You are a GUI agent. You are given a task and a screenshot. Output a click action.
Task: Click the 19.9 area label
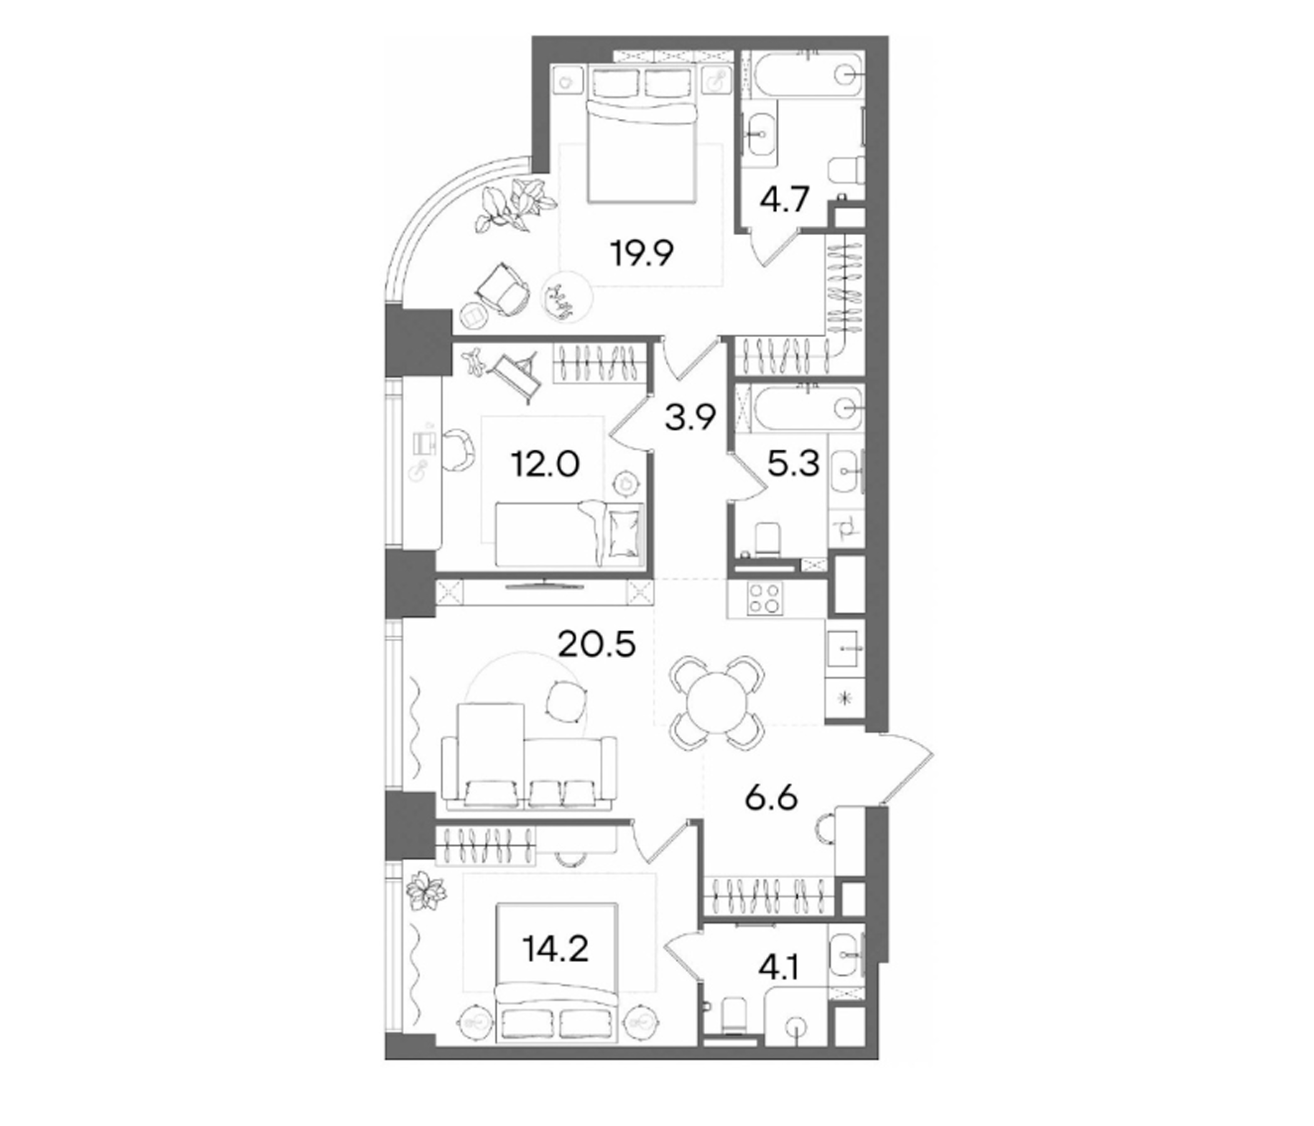642,253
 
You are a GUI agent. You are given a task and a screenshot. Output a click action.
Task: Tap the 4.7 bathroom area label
785,200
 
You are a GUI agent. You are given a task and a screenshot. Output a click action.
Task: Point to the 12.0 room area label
545,465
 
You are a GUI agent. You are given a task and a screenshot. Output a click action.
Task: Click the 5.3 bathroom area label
793,465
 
